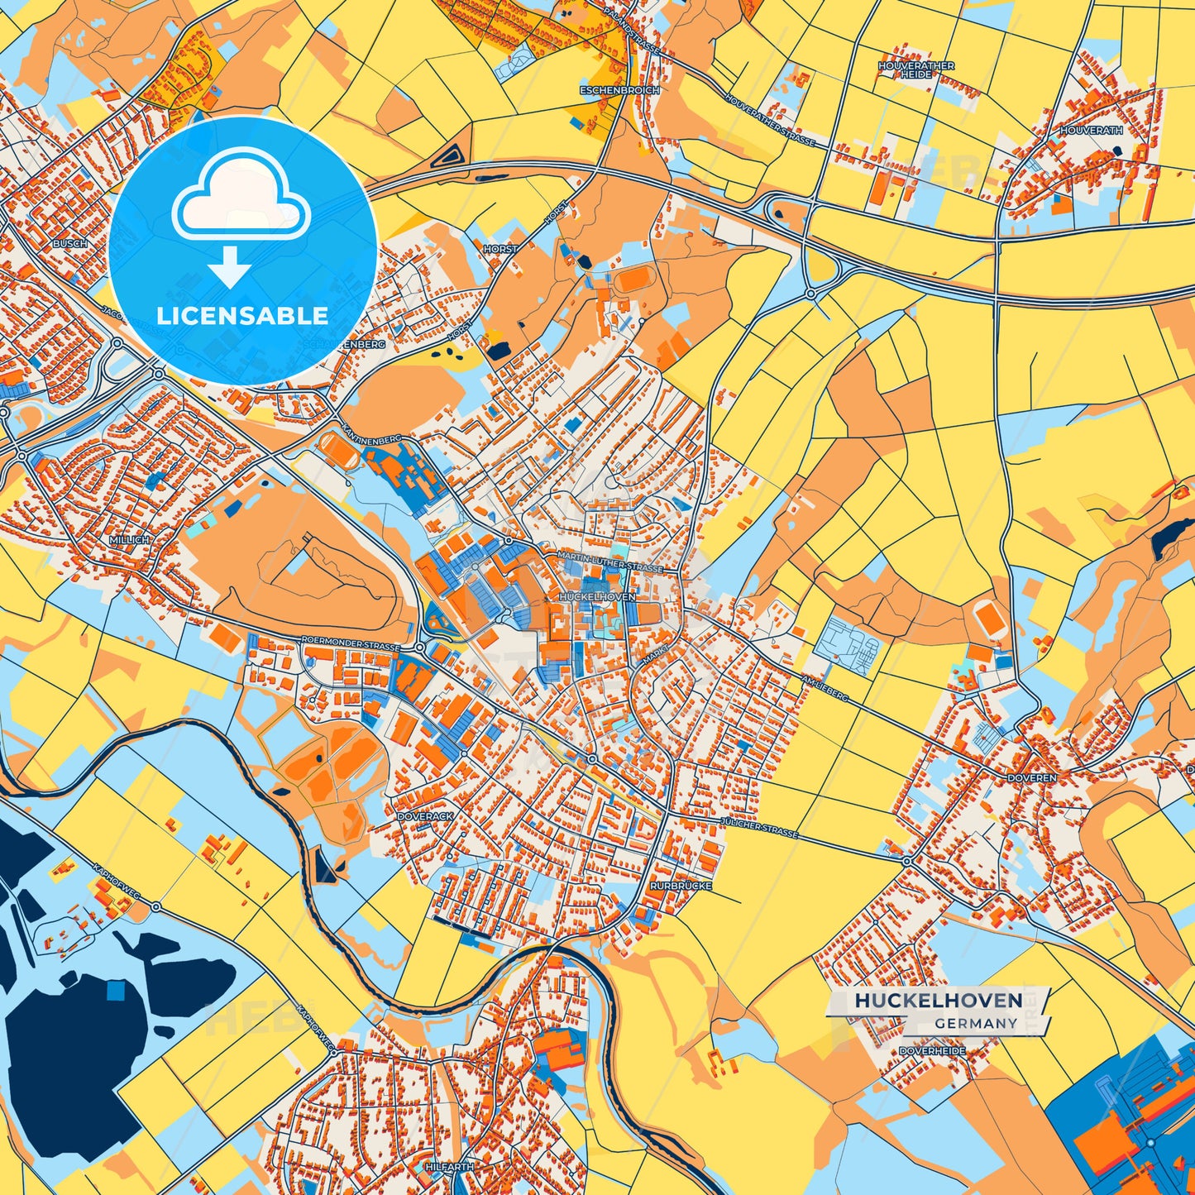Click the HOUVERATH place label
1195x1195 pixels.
tap(1091, 131)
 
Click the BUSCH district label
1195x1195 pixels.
tap(69, 244)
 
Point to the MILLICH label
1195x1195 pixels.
tap(129, 539)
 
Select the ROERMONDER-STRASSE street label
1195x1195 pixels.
tap(351, 644)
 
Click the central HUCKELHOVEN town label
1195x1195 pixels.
tap(597, 596)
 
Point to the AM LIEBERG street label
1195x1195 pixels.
tap(825, 687)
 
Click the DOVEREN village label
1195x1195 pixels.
tap(1031, 778)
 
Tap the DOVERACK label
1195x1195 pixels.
tap(425, 816)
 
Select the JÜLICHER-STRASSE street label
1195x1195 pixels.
tap(758, 828)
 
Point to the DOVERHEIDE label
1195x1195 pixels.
tap(932, 1051)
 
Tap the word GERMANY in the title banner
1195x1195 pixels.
tap(976, 1023)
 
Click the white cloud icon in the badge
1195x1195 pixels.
tap(241, 196)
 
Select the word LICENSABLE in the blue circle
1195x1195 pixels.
tap(242, 316)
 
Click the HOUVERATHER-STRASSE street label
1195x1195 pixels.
tap(769, 120)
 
